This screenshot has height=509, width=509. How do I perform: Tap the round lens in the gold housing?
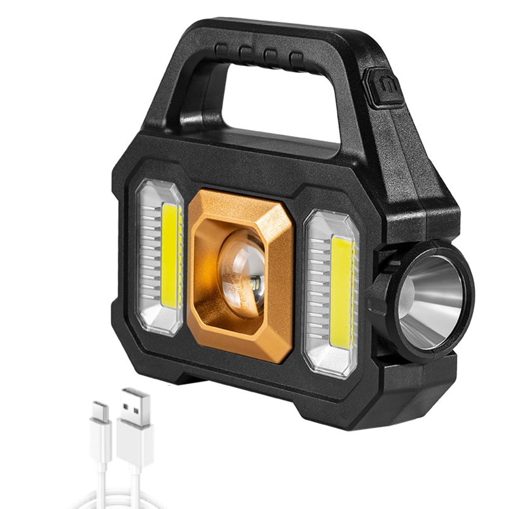(243, 274)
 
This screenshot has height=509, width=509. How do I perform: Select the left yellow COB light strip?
(171, 257)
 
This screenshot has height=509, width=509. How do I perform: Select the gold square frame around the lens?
(203, 315)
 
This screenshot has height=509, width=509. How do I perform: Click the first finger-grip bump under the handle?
(221, 50)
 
